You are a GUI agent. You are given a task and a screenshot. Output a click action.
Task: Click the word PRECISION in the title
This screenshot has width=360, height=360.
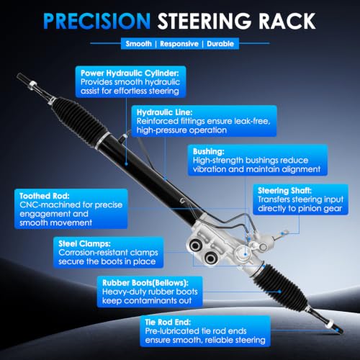pos(96,21)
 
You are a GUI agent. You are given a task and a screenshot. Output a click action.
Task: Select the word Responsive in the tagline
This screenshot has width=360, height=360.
pos(179,44)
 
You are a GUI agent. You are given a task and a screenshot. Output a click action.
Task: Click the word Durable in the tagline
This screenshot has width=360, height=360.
pos(220,44)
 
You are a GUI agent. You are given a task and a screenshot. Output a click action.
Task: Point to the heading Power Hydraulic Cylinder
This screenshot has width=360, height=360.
pos(130,73)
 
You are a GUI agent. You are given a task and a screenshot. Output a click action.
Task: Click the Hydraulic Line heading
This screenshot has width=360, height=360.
pos(164,112)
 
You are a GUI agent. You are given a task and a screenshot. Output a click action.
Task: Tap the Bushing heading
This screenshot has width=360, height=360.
pos(209,152)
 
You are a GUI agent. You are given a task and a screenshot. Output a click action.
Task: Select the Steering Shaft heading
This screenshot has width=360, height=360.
pos(284,191)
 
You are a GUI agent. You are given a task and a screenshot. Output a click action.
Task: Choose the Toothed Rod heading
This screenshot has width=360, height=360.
pos(45,196)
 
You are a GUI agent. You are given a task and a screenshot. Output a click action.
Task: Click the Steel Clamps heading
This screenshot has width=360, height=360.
pos(84,243)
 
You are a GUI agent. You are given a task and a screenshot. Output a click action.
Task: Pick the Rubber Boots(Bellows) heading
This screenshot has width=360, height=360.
pos(145,283)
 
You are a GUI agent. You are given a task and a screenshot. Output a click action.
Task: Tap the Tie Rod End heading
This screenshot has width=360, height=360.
pos(168,322)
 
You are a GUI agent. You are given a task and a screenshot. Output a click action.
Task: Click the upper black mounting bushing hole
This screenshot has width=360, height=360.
pos(195,246)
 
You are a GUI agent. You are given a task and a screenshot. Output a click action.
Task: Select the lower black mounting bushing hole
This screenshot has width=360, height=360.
pos(210,258)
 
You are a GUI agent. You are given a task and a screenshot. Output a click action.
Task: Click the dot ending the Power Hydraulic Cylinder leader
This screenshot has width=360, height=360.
pos(126,164)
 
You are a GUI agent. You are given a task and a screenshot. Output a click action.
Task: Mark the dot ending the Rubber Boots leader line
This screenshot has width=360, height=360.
pos(279,292)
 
